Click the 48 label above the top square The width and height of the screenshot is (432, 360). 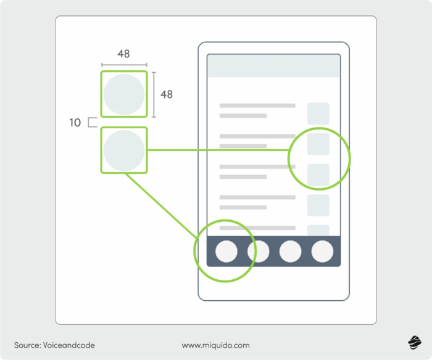tap(123, 54)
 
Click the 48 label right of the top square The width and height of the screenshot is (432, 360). tap(167, 94)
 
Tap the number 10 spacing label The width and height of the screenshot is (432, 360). tap(75, 123)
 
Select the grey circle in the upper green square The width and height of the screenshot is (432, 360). tap(124, 94)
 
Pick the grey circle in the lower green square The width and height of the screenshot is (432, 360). tap(124, 150)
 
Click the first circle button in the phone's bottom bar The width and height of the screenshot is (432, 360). tap(226, 252)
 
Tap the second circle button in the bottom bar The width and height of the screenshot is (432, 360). tap(258, 252)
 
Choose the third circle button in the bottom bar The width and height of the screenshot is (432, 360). tap(290, 252)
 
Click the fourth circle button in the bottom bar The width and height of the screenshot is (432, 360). tap(322, 252)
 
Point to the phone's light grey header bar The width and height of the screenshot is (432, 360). tap(273, 66)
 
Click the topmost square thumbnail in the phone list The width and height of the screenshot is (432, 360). tap(318, 113)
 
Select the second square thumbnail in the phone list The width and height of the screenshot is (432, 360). tap(318, 144)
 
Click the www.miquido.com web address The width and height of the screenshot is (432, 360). tap(215, 345)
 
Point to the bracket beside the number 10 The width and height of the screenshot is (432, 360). tap(92, 123)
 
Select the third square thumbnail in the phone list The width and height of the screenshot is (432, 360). tap(318, 175)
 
